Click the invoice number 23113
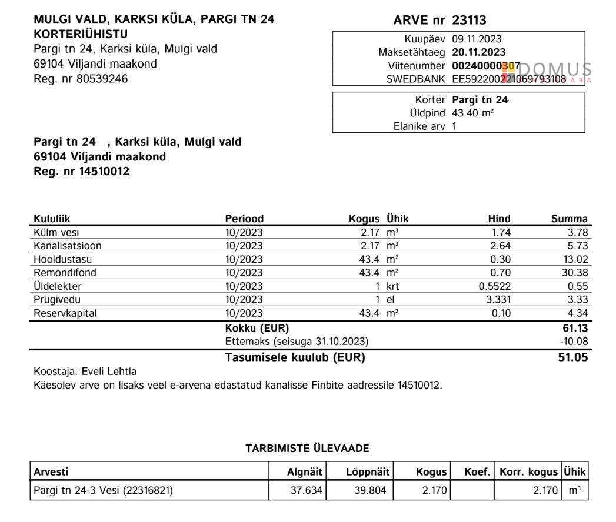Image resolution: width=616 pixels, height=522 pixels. (469, 21)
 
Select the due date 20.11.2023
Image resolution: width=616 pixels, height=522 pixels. (478, 52)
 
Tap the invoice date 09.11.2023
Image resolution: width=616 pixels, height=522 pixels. (477, 39)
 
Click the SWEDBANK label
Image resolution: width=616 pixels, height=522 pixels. (416, 79)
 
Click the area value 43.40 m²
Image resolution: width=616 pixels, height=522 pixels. (472, 113)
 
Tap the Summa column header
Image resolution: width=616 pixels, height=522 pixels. (569, 219)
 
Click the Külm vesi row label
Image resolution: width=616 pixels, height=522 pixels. (56, 232)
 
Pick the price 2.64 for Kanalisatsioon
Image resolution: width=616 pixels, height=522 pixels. (501, 246)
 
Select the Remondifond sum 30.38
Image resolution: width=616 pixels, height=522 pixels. (575, 273)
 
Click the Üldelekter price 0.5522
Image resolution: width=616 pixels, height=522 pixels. (495, 286)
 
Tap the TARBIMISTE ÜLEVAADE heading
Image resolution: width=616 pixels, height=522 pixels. (307, 449)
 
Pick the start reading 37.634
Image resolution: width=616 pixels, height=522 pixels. (307, 490)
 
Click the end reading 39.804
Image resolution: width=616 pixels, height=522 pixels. (370, 490)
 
